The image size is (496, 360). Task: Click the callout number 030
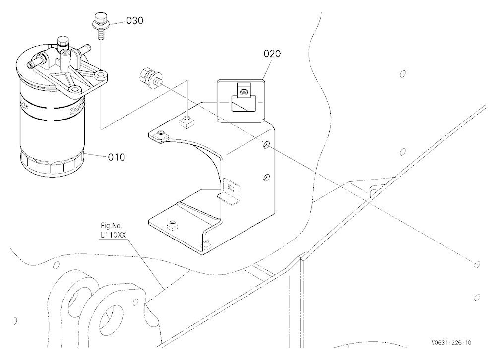[x=135, y=20]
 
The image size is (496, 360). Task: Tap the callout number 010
[x=117, y=157]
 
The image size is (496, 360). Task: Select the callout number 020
[x=272, y=54]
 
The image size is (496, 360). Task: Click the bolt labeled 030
[x=99, y=25]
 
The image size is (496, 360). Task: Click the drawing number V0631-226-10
[x=451, y=342]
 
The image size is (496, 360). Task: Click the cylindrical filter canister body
[x=51, y=126]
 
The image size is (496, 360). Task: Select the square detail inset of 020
[x=241, y=101]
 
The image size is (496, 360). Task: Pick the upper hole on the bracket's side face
[x=267, y=145]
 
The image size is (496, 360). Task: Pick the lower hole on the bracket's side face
[x=267, y=177]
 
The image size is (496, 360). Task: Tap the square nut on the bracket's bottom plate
[x=173, y=225]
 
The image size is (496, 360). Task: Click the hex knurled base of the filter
[x=52, y=164]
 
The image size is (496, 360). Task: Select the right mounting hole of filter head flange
[x=101, y=75]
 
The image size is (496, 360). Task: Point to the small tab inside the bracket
[x=230, y=191]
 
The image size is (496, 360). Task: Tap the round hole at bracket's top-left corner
[x=162, y=134]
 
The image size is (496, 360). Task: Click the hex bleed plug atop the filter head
[x=62, y=41]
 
